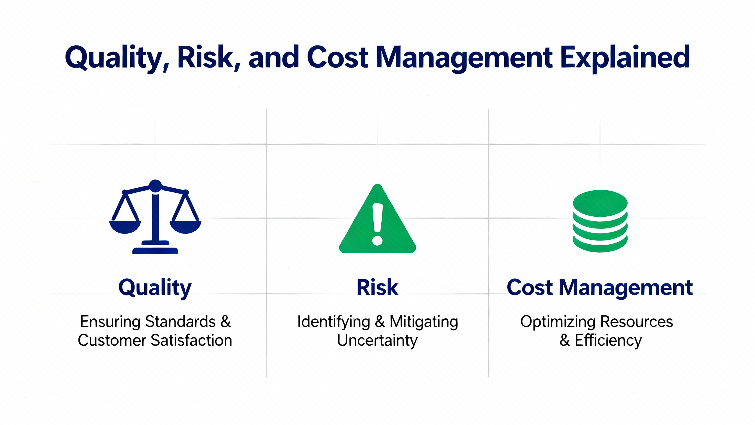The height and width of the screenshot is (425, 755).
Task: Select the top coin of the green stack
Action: [600, 203]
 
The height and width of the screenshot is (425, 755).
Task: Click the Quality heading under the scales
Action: [155, 288]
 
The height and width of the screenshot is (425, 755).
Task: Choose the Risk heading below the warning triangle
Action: [377, 287]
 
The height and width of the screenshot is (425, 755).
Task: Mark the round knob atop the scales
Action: [155, 186]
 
